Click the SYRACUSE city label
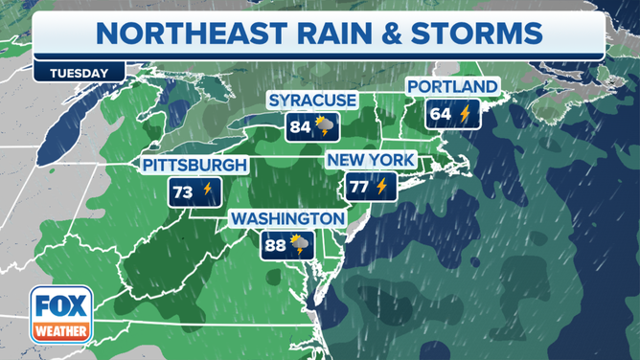[x=312, y=101]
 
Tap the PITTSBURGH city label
[x=195, y=166]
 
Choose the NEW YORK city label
[x=370, y=159]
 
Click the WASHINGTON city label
[x=286, y=219]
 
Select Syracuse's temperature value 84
[x=301, y=126]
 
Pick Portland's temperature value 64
[x=441, y=114]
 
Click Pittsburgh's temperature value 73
[x=182, y=191]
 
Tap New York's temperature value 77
[x=358, y=186]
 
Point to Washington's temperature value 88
[x=276, y=245]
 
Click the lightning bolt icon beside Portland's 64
[x=466, y=114]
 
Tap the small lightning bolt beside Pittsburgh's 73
[x=207, y=191]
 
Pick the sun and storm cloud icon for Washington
[x=300, y=245]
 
